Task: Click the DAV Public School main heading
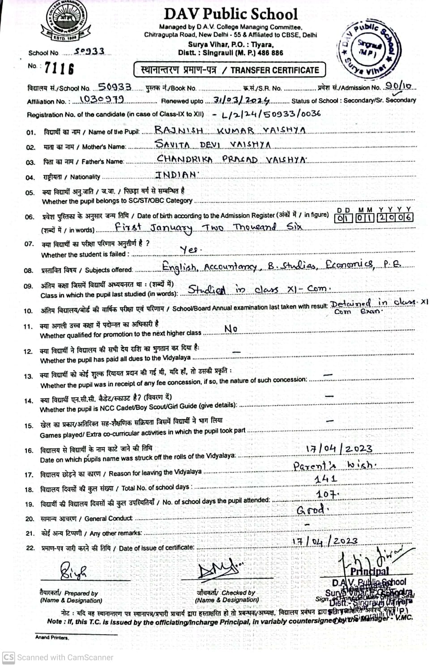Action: point(230,14)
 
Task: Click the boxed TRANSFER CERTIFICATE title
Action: point(230,70)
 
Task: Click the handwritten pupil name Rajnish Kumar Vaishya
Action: point(230,130)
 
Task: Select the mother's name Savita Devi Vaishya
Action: point(212,145)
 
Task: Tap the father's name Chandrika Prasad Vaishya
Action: point(231,159)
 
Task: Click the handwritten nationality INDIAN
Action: point(176,175)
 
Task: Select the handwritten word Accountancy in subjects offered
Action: point(230,267)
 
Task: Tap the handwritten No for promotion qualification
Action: point(230,329)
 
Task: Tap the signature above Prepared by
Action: point(74,572)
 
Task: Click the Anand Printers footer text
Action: point(52,637)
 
